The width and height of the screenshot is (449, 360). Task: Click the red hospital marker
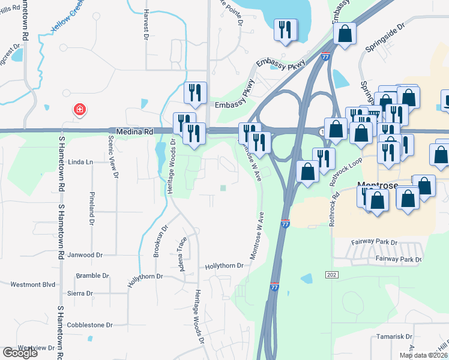click(x=79, y=110)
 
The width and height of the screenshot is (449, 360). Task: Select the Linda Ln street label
click(x=80, y=162)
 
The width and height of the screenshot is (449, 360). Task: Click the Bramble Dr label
click(x=92, y=276)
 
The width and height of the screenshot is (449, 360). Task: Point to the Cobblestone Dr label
click(x=92, y=325)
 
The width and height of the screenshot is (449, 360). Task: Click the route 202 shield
click(x=332, y=274)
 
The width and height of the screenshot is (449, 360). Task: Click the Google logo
click(x=20, y=353)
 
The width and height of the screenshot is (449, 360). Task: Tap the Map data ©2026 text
click(x=423, y=355)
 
